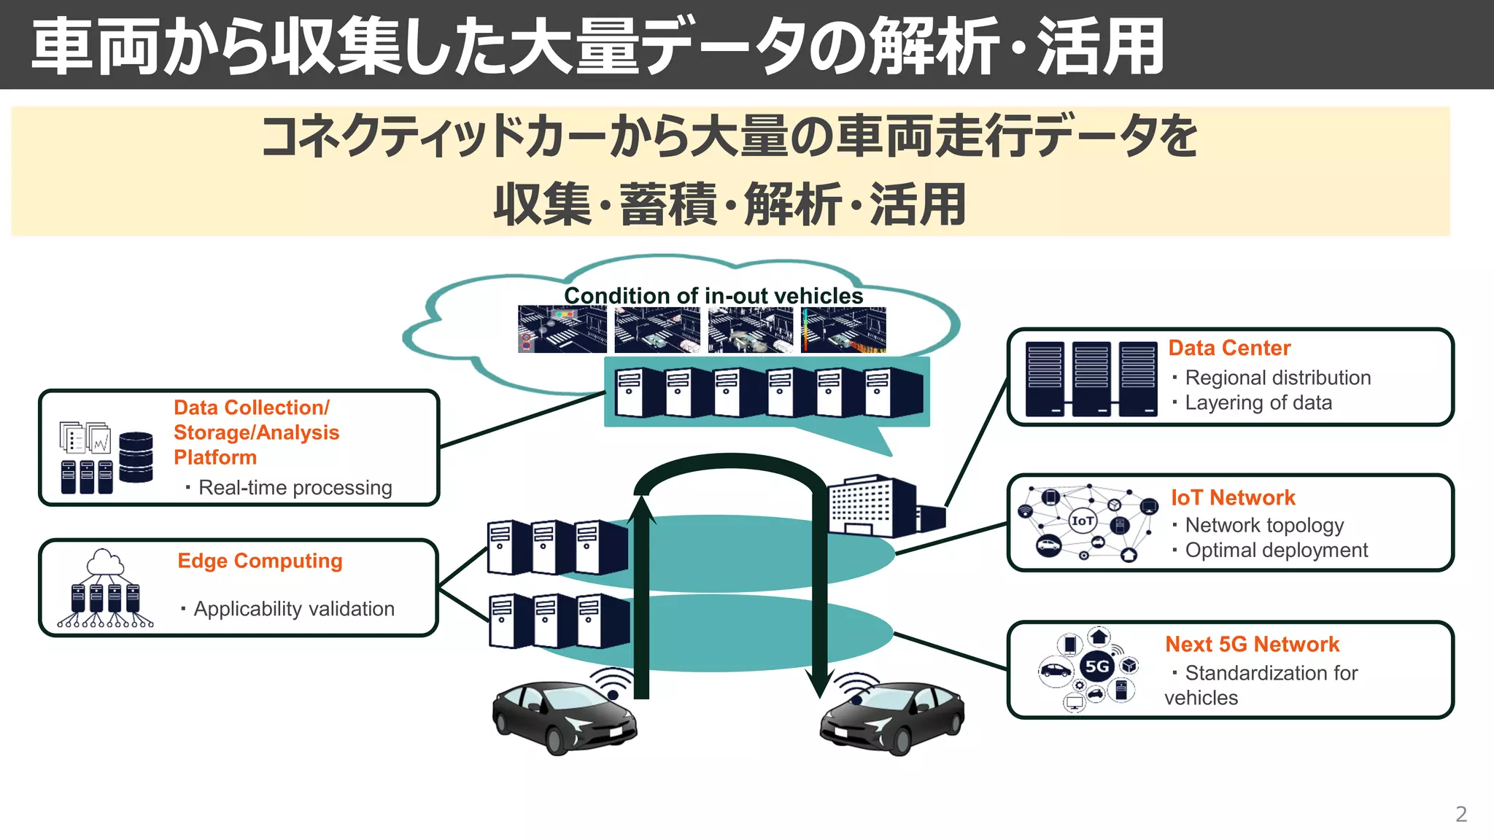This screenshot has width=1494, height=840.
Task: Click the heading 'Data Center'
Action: [1229, 348]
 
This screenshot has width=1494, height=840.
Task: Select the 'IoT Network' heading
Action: [1233, 497]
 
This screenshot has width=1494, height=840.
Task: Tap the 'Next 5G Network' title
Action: [1252, 644]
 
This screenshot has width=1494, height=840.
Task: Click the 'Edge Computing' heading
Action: [260, 561]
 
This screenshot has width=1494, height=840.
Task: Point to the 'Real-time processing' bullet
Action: [295, 487]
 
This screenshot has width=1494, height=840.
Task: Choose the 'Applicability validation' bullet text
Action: [293, 608]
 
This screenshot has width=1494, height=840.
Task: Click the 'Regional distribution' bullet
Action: [1277, 378]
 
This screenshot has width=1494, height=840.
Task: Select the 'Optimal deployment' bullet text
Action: [1276, 550]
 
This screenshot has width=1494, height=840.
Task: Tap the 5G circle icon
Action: [1096, 666]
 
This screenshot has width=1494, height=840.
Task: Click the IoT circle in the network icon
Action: [1083, 521]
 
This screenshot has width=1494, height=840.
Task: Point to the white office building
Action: [872, 506]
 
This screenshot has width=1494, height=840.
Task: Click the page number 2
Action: [1460, 814]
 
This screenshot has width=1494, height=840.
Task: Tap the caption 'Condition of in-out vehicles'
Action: [713, 295]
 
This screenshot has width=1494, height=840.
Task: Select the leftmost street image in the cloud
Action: [562, 330]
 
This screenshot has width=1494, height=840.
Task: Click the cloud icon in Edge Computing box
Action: [105, 563]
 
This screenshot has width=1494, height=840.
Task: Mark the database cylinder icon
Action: [136, 457]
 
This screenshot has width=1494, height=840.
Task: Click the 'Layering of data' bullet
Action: [1258, 402]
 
